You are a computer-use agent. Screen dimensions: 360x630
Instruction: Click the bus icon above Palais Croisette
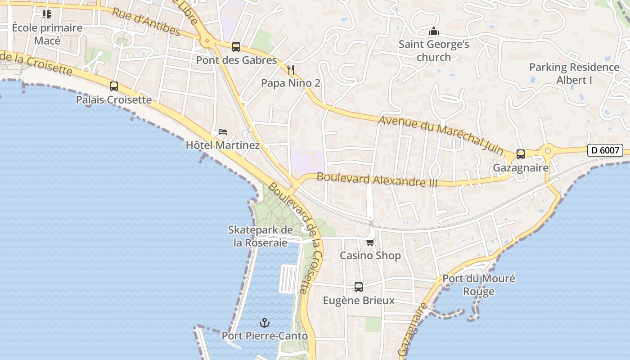pos(114,86)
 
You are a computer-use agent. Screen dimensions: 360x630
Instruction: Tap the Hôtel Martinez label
pos(223,145)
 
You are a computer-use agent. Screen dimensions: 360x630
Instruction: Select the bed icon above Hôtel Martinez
pos(223,132)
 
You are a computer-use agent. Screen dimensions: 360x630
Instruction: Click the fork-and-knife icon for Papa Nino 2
pos(291,70)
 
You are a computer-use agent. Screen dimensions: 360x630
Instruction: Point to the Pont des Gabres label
pos(236,60)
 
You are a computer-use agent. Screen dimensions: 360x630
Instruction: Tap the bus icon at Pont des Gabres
pos(236,46)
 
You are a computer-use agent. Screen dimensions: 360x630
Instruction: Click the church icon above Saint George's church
pos(434,31)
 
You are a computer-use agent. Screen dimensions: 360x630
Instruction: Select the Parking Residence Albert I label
pos(574,74)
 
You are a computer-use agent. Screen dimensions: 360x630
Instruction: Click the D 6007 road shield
pos(605,150)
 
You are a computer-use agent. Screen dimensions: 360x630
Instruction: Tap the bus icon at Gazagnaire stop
pos(521,154)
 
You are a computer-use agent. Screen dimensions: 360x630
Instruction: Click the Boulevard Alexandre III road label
pos(377,179)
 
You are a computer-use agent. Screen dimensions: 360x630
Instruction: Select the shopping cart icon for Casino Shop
pos(370,243)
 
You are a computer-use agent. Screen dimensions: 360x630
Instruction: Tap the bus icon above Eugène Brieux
pos(359,287)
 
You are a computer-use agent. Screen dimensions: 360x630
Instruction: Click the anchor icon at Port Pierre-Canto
pos(265,323)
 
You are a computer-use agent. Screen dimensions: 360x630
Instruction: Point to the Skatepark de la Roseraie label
pos(261,236)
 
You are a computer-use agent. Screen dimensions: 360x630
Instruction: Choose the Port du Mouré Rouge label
pos(479,285)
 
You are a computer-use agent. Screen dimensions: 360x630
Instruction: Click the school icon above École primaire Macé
pos(47,14)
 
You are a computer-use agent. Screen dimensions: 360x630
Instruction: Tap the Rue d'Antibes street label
pos(146,21)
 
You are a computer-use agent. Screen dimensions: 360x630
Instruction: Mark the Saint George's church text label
pos(434,51)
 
